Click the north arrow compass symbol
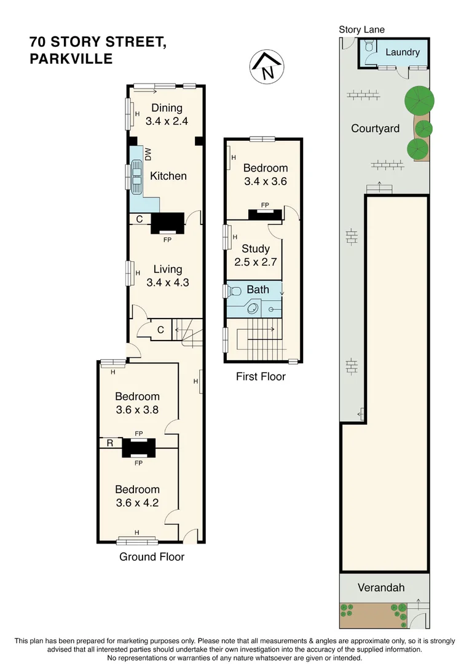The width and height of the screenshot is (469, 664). click(x=267, y=67)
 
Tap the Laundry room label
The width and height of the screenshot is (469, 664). click(x=402, y=52)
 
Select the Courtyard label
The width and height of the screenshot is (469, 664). click(x=375, y=128)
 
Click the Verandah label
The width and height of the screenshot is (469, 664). click(x=381, y=587)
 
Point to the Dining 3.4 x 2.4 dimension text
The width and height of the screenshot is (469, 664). click(x=167, y=121)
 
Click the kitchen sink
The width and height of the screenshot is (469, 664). click(x=136, y=176)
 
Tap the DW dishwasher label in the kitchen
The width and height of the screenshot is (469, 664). click(x=148, y=154)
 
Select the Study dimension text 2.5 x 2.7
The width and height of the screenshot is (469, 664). click(x=256, y=262)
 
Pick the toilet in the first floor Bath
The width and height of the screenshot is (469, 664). click(x=234, y=291)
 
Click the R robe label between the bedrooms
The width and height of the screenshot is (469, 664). click(x=110, y=443)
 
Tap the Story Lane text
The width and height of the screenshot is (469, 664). click(x=361, y=30)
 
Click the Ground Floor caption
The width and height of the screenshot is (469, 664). click(x=152, y=556)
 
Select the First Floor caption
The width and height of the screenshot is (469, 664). click(x=261, y=376)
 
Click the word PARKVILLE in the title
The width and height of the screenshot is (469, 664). click(x=71, y=58)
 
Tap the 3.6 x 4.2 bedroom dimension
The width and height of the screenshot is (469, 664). click(x=137, y=503)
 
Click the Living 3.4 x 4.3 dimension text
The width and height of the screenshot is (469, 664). click(x=168, y=282)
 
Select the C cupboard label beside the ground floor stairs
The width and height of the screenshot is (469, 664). click(x=160, y=330)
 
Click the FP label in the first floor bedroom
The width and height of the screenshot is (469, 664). click(x=265, y=205)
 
